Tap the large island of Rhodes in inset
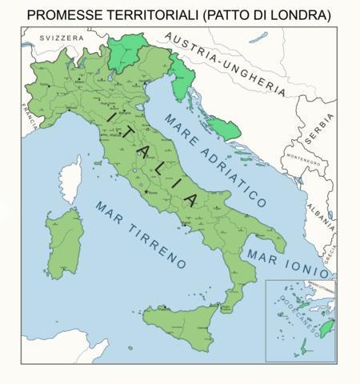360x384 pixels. [326, 328]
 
